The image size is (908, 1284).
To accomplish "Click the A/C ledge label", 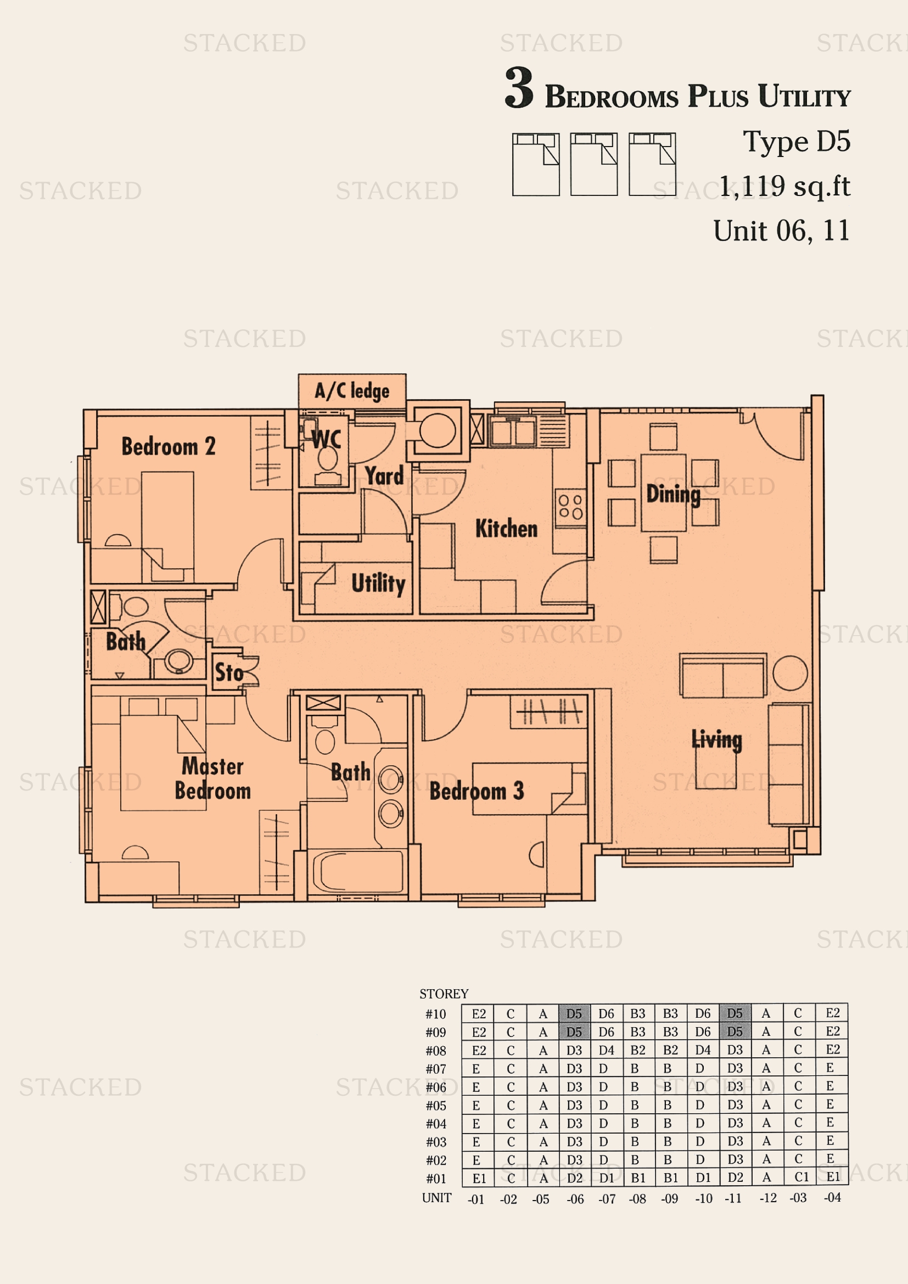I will click(x=352, y=391).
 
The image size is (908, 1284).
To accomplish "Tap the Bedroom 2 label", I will click(x=169, y=447).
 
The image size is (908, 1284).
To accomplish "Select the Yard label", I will click(x=384, y=475).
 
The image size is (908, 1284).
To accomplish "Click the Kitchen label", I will click(x=506, y=529).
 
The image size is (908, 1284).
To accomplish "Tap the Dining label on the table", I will click(x=673, y=495).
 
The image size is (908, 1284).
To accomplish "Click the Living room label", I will click(x=717, y=739).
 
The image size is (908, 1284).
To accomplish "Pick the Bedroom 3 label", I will click(x=477, y=790).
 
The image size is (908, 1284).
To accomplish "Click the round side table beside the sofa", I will click(x=790, y=673).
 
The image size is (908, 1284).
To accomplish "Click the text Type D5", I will click(x=796, y=142).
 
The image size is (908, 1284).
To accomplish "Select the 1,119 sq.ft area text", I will click(x=784, y=186).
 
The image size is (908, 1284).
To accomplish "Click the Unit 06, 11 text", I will click(x=781, y=231).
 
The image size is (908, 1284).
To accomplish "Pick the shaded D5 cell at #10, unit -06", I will click(x=574, y=1014).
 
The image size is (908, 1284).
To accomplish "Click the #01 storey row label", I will click(x=436, y=1179).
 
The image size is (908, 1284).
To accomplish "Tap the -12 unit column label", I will click(x=767, y=1198).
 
